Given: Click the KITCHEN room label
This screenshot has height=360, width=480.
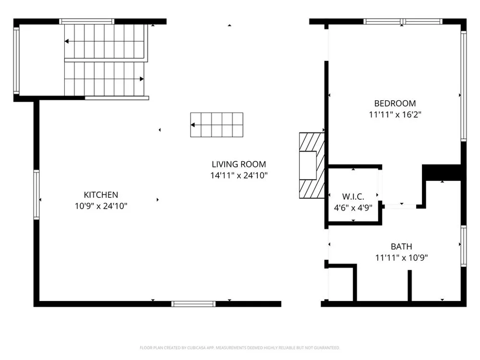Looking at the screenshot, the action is tap(101, 195).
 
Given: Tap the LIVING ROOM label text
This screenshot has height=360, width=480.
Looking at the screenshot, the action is tap(239, 164).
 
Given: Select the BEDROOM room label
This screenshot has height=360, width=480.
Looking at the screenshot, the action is tap(395, 103).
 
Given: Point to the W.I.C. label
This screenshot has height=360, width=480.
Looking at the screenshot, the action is tap(353, 196).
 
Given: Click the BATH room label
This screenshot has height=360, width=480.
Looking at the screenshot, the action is tap(401, 246).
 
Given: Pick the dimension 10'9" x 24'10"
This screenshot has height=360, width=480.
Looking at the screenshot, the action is tap(101, 206).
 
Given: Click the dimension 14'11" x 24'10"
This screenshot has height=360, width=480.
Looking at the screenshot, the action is tap(239, 175).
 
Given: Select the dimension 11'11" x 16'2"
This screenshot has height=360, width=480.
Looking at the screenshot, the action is tap(395, 115).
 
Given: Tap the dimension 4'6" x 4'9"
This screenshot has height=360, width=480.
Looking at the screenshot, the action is tap(353, 208).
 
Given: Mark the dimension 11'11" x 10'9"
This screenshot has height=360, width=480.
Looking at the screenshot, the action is tap(401, 258).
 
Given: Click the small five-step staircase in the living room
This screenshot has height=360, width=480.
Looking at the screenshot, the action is tap(217, 125).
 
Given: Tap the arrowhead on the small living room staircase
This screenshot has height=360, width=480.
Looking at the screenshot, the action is tap(193, 125).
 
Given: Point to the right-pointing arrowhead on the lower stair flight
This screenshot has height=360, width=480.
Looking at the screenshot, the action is tap(142, 79).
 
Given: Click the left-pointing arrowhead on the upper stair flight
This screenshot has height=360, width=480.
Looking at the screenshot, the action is tap(66, 41).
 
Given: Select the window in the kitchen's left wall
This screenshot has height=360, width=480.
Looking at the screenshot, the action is tap(36, 195).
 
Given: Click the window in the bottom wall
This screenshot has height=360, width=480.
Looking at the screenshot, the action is tap(193, 304).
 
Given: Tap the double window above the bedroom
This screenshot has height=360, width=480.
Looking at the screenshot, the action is tap(403, 22).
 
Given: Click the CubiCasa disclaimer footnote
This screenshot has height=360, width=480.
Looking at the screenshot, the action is tap(240, 348).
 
